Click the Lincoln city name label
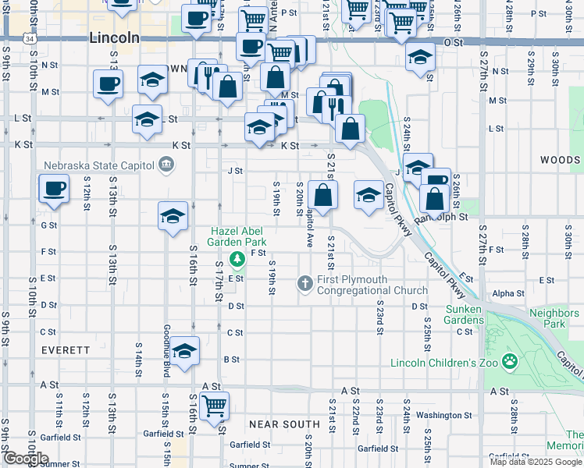tap(114, 37)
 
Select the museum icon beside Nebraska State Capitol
tap(166, 165)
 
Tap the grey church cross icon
tap(306, 282)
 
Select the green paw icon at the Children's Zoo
tap(510, 361)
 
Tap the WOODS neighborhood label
tap(560, 160)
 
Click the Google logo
tap(27, 458)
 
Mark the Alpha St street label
tap(507, 294)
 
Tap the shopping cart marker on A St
tap(214, 405)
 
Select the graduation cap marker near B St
tap(185, 351)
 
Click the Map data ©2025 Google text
tap(536, 462)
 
